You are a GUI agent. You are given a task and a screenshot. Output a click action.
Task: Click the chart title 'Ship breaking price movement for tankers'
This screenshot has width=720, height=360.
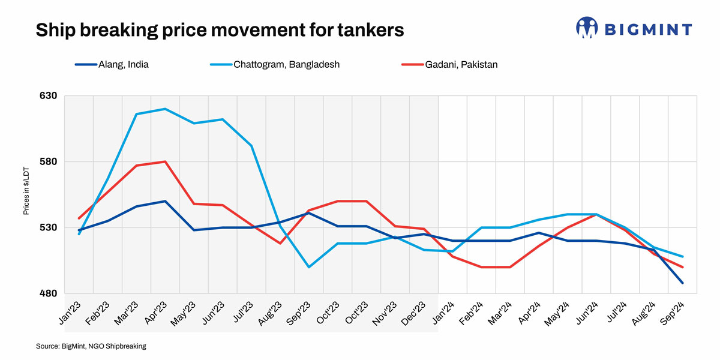220,30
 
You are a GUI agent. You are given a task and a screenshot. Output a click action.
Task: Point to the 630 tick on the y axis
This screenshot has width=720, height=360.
48,96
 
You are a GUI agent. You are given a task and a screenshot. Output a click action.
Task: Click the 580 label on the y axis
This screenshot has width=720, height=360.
48,162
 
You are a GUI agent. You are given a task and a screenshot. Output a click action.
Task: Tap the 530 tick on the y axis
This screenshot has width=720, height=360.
48,228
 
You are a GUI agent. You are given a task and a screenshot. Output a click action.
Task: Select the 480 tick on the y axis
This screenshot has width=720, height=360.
48,294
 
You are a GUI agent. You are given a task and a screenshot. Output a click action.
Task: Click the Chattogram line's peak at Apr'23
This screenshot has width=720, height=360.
165,109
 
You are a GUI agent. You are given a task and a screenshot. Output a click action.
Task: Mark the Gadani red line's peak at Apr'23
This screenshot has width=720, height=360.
165,161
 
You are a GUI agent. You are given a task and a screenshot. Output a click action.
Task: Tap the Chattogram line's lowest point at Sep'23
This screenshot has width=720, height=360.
309,267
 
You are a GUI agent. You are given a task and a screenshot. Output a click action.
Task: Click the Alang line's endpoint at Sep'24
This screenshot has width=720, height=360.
683,283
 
